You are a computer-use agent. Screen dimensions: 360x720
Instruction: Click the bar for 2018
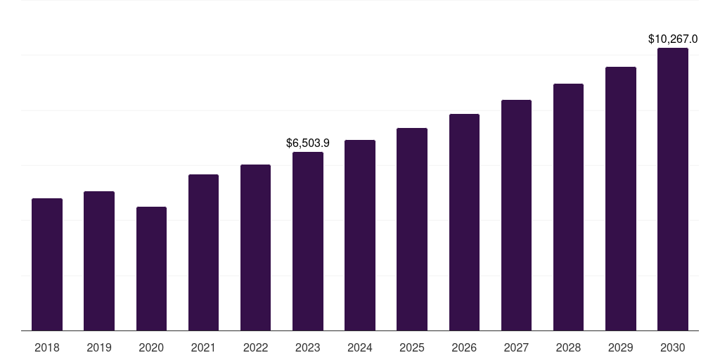coord(47,264)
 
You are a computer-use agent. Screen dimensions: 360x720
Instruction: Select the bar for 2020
coord(151,269)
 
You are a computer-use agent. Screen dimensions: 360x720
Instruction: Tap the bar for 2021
coord(203,252)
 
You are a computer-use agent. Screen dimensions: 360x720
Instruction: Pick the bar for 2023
coord(307,241)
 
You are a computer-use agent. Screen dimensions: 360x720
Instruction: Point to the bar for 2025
coord(412,229)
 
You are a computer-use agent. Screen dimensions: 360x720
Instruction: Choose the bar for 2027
coord(516,215)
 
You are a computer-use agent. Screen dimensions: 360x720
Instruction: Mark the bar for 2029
coord(620,199)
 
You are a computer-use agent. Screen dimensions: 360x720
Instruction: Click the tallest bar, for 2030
coord(672,189)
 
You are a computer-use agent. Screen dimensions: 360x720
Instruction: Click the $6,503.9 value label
coord(308,143)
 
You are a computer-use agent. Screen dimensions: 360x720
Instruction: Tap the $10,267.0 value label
coord(673,39)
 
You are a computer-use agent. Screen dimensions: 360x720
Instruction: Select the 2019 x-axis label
coord(99,347)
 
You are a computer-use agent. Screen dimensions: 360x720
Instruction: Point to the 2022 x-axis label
coord(255,347)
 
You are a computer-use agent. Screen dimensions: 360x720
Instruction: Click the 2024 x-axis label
coord(360,347)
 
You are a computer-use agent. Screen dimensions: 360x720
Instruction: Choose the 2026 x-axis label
coord(464,347)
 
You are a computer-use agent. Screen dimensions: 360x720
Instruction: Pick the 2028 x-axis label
coord(568,347)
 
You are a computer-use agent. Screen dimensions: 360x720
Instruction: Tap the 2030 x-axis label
coord(672,347)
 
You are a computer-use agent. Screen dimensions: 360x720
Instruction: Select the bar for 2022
coord(255,247)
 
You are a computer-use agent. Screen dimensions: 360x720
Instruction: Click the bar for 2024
coord(360,236)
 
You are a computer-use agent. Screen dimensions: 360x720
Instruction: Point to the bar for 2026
coord(464,222)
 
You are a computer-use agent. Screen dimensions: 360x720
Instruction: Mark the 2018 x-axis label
coord(47,347)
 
